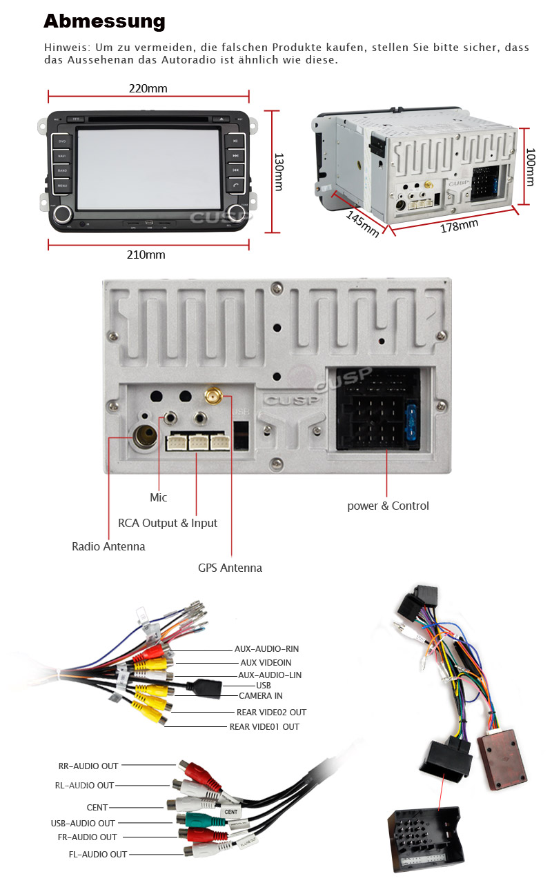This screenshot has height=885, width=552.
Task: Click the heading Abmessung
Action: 104,21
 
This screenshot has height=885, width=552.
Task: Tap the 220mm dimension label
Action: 148,88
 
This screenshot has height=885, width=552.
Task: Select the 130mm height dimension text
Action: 279,172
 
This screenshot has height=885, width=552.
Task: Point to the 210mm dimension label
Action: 146,255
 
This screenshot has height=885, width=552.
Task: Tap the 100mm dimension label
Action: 530,166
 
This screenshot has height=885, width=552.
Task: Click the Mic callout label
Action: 158,497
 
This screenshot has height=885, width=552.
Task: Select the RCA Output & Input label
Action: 168,523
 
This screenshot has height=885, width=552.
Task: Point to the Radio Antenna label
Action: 108,546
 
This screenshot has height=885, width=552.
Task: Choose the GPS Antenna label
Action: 230,568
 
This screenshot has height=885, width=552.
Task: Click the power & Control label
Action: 388,506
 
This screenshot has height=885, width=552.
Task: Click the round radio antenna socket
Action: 145,436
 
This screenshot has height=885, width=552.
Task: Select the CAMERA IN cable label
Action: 260,696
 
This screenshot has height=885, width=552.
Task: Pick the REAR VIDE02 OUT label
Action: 271,712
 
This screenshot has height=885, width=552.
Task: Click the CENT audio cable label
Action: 97,807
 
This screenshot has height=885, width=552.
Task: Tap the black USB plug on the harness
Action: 206,686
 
